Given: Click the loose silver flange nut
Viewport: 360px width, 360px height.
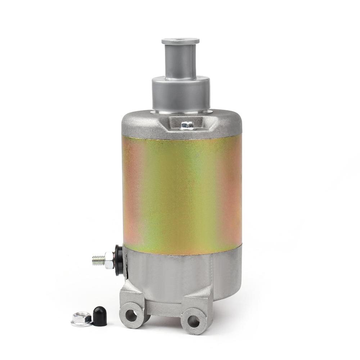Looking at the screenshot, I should pos(81,318).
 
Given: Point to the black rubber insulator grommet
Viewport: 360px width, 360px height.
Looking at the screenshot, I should pos(118,260).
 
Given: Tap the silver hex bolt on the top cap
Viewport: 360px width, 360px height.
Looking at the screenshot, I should pos(187,125).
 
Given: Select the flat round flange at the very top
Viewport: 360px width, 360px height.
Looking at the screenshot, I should pos(181,40).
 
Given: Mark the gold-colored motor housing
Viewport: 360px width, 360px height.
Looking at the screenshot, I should pos(182,191).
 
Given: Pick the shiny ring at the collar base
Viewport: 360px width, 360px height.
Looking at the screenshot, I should pos(181,112).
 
